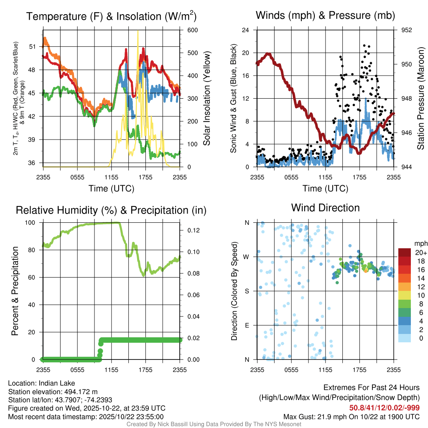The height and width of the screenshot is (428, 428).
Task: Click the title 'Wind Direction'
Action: (x=325, y=208)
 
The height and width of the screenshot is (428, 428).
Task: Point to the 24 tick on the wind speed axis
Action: (x=246, y=30)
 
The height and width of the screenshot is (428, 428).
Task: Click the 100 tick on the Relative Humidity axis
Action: (x=33, y=223)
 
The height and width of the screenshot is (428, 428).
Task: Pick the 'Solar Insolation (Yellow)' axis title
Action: (x=206, y=98)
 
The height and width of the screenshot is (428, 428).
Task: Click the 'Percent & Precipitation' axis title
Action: (x=15, y=291)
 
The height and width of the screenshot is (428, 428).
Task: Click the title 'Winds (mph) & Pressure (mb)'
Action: (x=325, y=16)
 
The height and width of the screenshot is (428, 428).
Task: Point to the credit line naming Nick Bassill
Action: (x=214, y=424)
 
